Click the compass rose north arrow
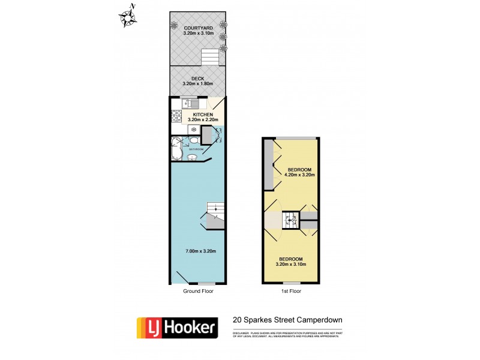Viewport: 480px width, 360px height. (x=128, y=17)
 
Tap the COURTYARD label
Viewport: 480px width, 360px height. (x=197, y=28)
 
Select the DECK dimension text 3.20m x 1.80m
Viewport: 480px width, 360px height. (x=197, y=84)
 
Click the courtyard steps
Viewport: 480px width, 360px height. (x=210, y=58)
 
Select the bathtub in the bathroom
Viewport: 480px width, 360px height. (x=176, y=148)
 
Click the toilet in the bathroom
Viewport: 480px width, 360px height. (x=194, y=140)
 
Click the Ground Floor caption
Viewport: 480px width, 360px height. (x=198, y=291)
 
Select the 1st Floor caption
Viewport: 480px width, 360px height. (x=290, y=291)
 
